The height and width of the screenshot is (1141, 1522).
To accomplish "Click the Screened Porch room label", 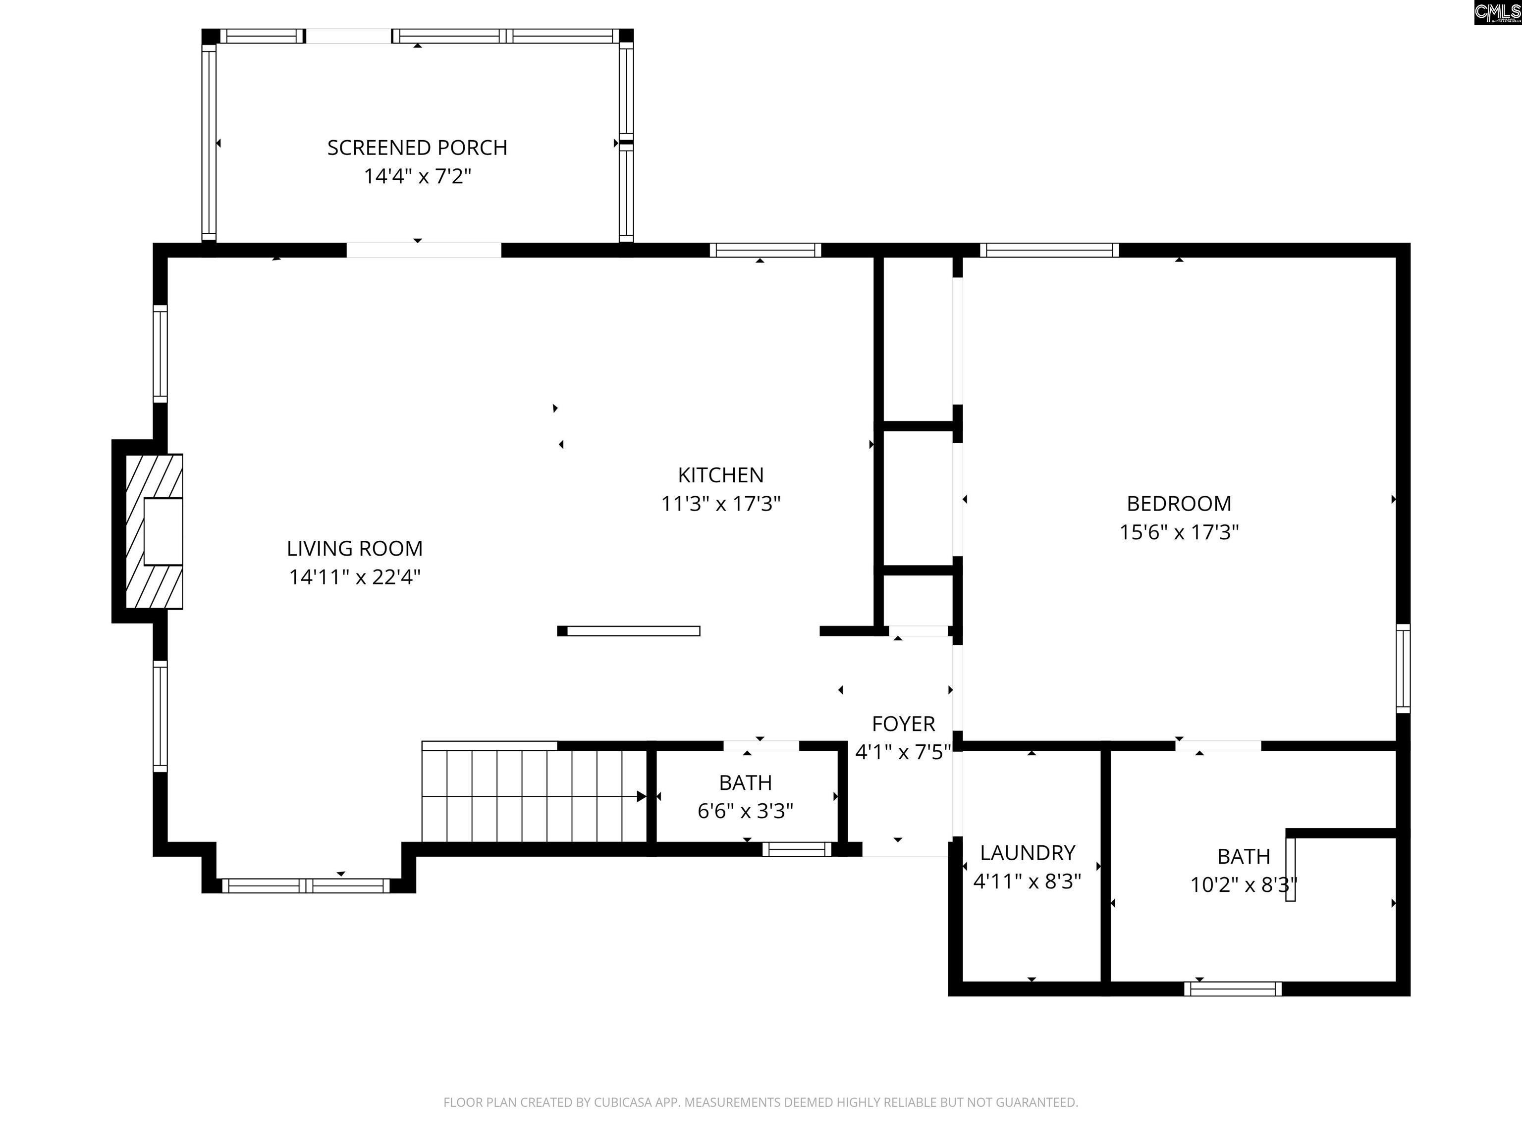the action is coord(417,148).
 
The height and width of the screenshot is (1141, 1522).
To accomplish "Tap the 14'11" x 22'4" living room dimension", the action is coord(354,577).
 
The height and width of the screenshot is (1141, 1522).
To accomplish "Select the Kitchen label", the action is coord(720,475).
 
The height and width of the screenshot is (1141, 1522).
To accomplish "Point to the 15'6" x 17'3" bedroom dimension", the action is coord(1179,532).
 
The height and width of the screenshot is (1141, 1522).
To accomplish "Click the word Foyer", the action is coord(903,724).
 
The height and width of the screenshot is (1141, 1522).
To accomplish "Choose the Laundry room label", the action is coord(1027,853).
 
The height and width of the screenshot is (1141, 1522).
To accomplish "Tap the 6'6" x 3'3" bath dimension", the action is coord(745,812).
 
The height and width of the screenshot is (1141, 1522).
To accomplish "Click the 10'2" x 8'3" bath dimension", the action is coord(1244,884).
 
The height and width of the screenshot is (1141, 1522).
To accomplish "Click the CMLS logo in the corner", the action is coord(1497,12).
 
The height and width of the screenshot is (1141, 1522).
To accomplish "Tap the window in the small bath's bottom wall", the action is coord(797,849).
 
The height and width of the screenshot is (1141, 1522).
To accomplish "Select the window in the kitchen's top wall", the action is coord(765,251).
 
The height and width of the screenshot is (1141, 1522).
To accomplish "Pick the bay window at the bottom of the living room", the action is coord(306,886).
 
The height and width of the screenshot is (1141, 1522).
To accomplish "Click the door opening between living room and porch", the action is coord(423,251).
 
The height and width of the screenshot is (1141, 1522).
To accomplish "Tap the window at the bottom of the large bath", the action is coord(1233,989).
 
